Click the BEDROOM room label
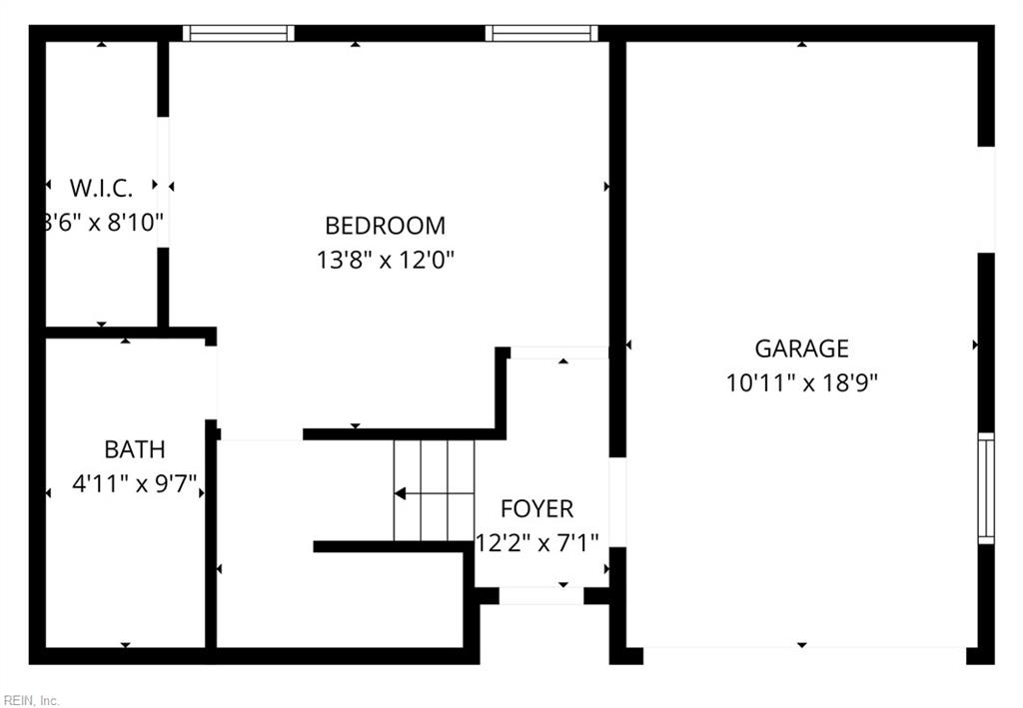coord(385,226)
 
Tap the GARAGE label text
coord(801,349)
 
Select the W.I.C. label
coord(101,188)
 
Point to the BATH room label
coord(135,450)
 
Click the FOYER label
coord(536,509)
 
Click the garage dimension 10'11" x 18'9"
coord(801,382)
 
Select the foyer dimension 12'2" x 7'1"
coord(536,542)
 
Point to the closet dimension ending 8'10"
coord(102,222)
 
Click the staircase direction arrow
coord(401,493)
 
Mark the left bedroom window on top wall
coord(239,33)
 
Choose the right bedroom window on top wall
coord(541,33)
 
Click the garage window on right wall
coord(985,487)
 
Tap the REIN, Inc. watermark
coord(31,700)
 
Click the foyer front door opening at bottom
coord(540,596)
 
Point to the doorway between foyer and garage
coord(617,502)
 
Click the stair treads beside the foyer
coord(434,490)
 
